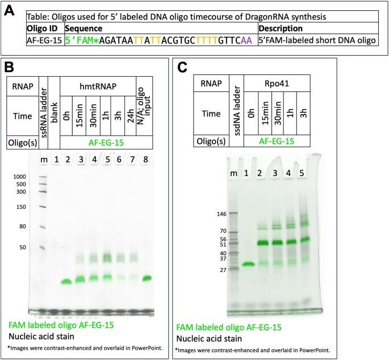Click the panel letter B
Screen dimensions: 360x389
click(9, 67)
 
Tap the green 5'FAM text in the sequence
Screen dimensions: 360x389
click(81, 41)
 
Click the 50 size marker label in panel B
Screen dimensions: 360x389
click(23, 248)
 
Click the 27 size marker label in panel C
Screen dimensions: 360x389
click(221, 270)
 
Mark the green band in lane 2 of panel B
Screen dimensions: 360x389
click(67, 281)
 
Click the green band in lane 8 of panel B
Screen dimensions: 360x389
click(147, 278)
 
